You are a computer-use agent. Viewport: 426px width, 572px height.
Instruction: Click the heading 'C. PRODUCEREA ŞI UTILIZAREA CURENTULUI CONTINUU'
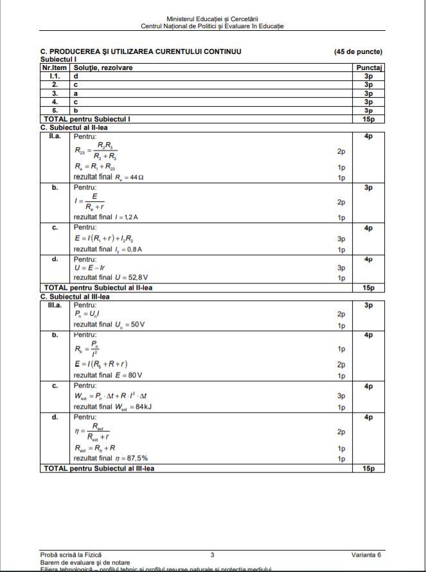[141, 51]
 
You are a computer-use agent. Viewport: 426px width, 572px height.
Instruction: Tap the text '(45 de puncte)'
[358, 51]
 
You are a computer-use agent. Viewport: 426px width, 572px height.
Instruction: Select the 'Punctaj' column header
[369, 67]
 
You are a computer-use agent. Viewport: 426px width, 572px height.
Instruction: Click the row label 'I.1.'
[55, 76]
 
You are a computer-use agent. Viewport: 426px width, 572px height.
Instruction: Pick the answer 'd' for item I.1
[76, 76]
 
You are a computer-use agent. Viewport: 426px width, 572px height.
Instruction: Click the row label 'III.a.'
[55, 305]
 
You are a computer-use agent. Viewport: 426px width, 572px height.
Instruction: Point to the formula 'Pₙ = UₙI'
[89, 314]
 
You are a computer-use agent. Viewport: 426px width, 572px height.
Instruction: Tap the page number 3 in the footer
[212, 554]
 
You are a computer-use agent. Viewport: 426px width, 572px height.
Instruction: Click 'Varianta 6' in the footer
[366, 554]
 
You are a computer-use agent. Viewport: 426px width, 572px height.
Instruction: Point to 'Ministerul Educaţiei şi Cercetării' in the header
[212, 20]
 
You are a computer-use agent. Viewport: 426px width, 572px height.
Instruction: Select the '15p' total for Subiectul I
[369, 119]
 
